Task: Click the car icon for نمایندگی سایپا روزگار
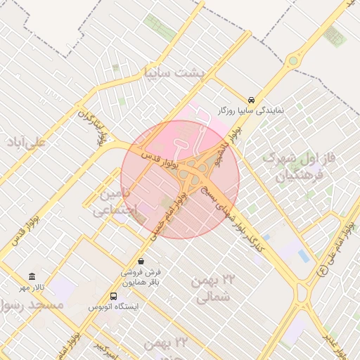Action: pos(252,99)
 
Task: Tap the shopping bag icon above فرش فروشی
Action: pos(141,261)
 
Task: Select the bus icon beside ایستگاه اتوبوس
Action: pos(114,296)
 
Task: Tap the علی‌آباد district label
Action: pos(26,142)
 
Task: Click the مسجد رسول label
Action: pos(32,305)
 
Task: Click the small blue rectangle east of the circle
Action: pos(304,253)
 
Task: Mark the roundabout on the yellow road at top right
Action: pos(294,60)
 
